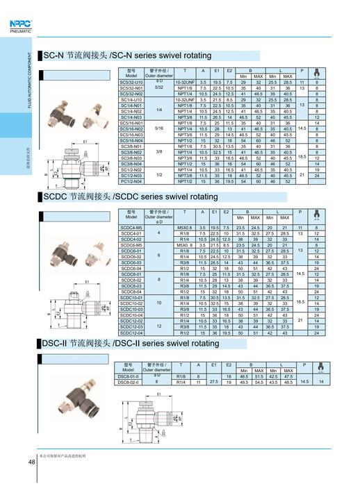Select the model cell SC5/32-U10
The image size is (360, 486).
tap(131, 82)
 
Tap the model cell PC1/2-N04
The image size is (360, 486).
tap(131, 181)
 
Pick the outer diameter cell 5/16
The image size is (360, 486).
tap(158, 128)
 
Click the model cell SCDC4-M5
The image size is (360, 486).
tap(131, 227)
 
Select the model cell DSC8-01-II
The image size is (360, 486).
tap(131, 376)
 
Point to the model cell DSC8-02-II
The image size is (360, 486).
tap(131, 382)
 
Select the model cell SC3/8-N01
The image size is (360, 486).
tap(131, 146)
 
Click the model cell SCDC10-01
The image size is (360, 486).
tap(131, 297)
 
